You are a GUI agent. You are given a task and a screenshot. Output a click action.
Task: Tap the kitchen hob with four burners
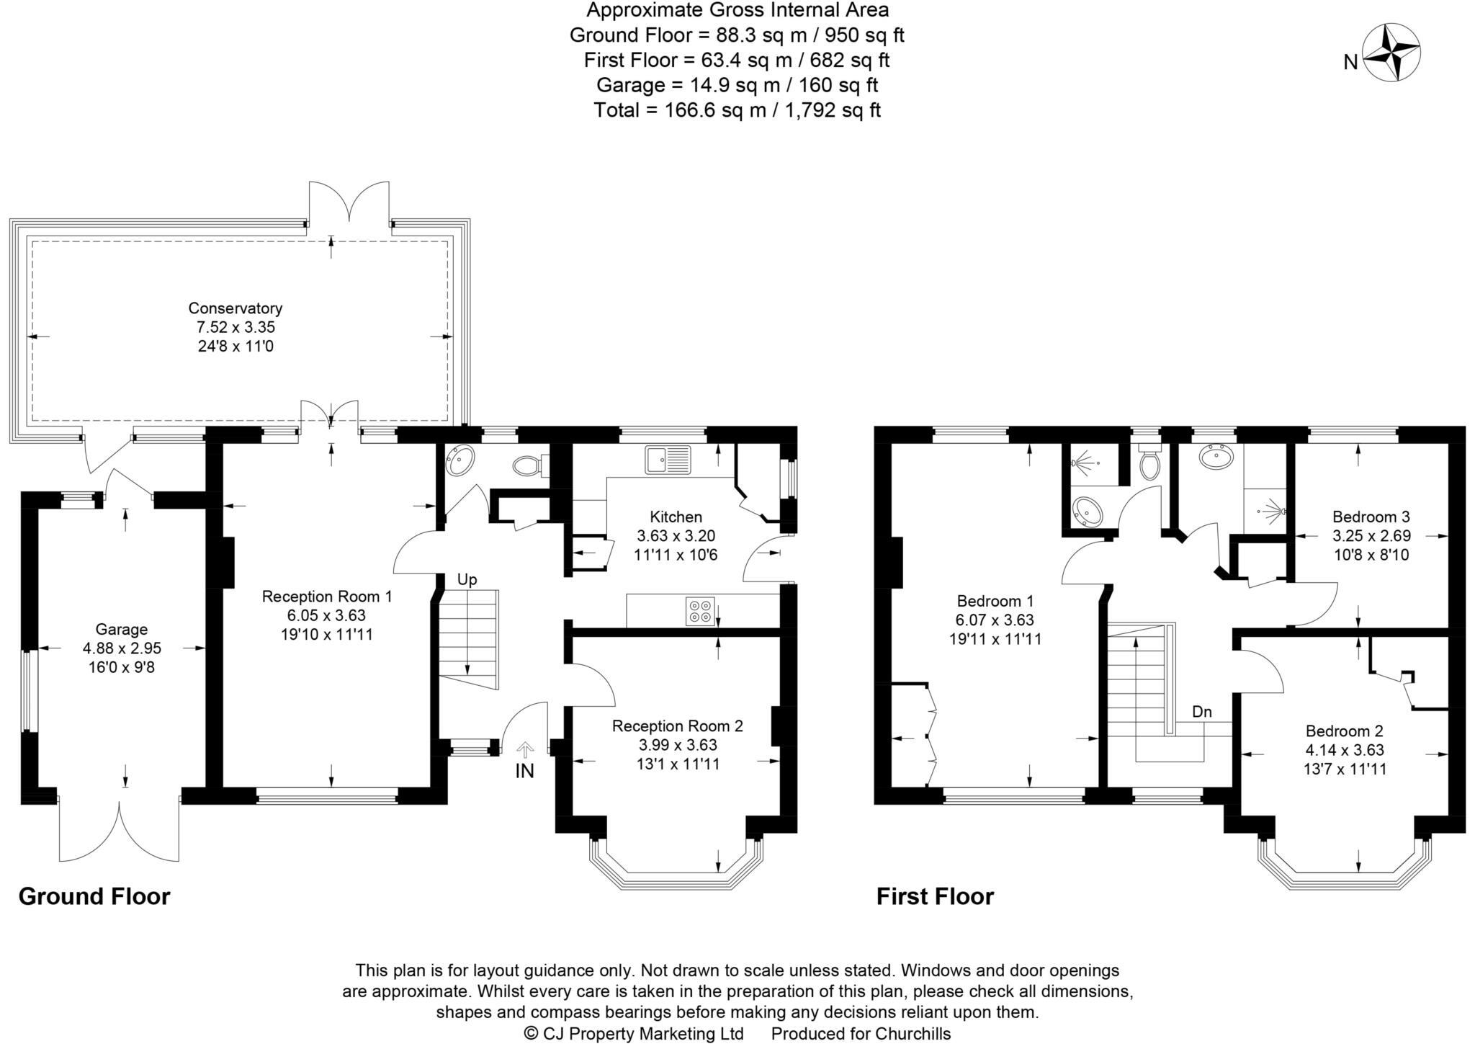point(700,611)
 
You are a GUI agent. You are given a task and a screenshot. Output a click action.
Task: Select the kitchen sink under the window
point(667,460)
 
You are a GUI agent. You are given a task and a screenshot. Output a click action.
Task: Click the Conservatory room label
point(235,308)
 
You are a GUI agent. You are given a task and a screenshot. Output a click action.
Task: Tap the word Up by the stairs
point(467,580)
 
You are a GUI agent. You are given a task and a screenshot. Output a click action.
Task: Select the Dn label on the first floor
point(1201,712)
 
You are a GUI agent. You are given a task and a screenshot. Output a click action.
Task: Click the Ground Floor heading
point(94,896)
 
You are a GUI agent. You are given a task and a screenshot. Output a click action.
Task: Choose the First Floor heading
point(934,896)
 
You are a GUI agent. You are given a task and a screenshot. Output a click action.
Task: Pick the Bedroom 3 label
point(1371,517)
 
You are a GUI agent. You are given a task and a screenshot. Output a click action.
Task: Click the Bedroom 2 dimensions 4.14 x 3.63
point(1344,750)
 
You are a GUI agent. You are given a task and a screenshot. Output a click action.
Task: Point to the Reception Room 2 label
point(676,726)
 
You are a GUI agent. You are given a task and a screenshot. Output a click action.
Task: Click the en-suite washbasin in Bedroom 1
point(1086,512)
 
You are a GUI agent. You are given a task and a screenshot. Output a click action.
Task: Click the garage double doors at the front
point(120,829)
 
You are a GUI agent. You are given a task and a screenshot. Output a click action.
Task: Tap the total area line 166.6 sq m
point(737,110)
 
